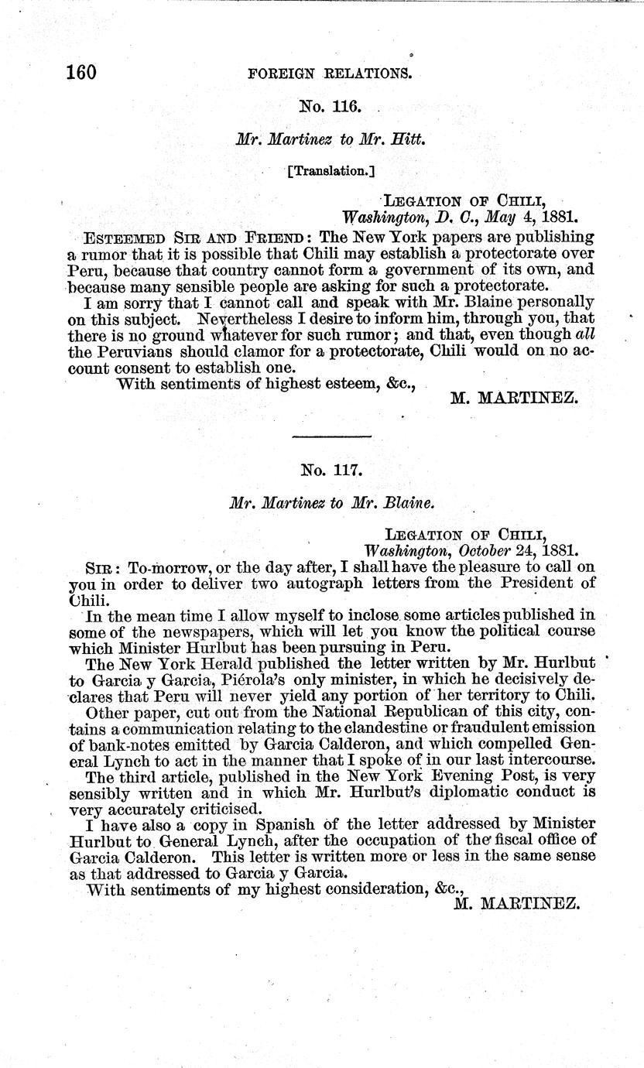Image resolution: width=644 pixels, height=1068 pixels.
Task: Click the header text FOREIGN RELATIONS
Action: tap(329, 74)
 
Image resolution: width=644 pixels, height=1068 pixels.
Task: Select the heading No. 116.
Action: tap(331, 106)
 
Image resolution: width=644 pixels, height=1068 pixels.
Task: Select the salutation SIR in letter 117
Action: tap(101, 567)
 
